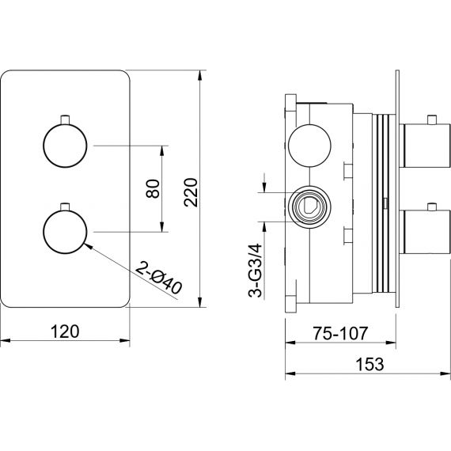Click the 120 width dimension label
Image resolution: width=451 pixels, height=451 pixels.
click(x=65, y=332)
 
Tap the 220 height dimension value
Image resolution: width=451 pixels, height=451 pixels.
click(x=191, y=192)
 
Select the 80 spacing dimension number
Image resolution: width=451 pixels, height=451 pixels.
click(x=153, y=188)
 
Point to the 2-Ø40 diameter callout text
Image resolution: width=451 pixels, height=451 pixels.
click(x=158, y=278)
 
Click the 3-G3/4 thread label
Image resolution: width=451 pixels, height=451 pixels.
click(x=255, y=271)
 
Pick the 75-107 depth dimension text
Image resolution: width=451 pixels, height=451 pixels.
click(x=340, y=333)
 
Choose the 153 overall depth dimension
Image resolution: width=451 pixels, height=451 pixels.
click(x=370, y=364)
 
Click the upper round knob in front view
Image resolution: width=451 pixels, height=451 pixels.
click(x=65, y=146)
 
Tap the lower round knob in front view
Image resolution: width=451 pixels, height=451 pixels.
click(x=65, y=232)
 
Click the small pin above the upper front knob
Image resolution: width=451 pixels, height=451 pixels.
click(x=65, y=119)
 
